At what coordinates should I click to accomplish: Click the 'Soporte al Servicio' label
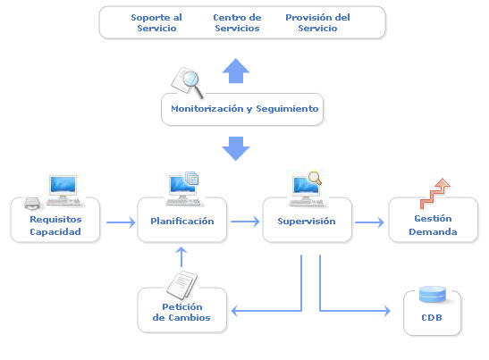[x=156, y=22]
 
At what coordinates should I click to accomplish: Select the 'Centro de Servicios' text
[x=237, y=22]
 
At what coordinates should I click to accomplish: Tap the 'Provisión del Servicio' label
[x=317, y=22]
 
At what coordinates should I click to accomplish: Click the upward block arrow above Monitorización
[x=236, y=71]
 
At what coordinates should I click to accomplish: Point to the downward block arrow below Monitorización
[x=236, y=148]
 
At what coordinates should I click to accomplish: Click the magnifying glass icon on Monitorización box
[x=188, y=81]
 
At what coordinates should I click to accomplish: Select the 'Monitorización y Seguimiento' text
[x=245, y=109]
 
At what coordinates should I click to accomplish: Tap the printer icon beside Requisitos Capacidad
[x=32, y=204]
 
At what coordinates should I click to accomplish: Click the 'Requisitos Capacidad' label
[x=55, y=225]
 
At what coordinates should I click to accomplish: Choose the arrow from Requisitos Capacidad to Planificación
[x=121, y=222]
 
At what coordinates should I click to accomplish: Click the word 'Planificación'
[x=182, y=222]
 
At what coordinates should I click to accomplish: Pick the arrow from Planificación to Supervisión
[x=245, y=222]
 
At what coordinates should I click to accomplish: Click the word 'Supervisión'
[x=307, y=222]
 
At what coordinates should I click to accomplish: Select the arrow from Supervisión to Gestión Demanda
[x=369, y=222]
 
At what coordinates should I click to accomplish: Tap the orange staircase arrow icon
[x=434, y=194]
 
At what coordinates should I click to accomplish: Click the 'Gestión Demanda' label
[x=433, y=225]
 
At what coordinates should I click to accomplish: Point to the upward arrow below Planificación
[x=181, y=257]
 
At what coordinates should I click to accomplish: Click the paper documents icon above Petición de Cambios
[x=181, y=285]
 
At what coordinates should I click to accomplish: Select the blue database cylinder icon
[x=433, y=294]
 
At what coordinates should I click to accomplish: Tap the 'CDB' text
[x=432, y=318]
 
